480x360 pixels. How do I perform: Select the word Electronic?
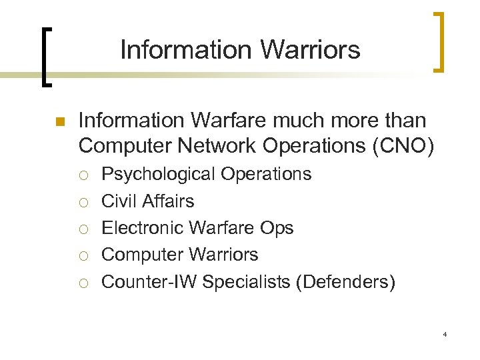pyautogui.click(x=142, y=228)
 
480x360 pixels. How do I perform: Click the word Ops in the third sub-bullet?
pyautogui.click(x=277, y=229)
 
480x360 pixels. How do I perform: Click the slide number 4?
pyautogui.click(x=444, y=333)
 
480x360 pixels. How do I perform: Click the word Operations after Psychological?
pyautogui.click(x=266, y=175)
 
